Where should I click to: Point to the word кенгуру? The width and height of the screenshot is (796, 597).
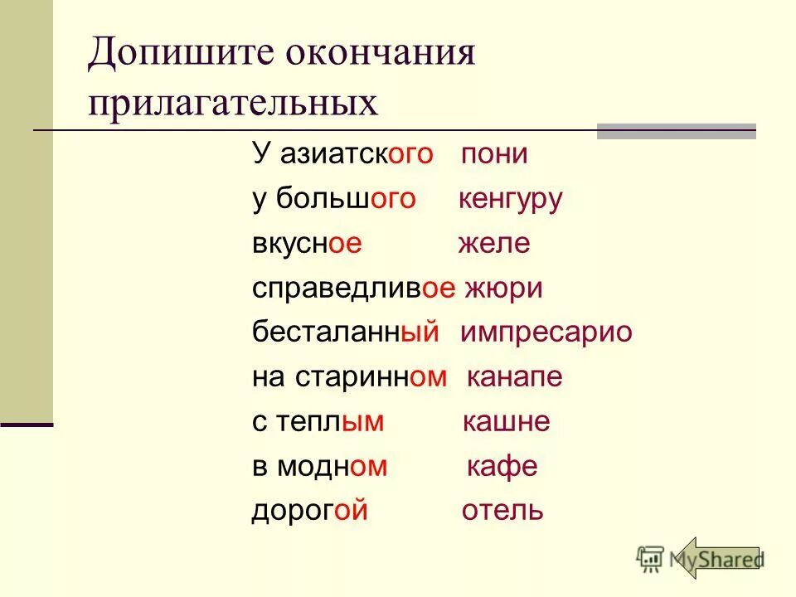pos(510,200)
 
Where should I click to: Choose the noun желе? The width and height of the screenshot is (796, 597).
pos(493,245)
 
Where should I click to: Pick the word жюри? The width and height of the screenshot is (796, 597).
pos(503,289)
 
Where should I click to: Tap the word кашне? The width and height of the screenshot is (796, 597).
pos(505,422)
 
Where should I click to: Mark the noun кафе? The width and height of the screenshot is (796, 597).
pos(502,467)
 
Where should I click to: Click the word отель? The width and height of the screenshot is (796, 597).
pos(502,511)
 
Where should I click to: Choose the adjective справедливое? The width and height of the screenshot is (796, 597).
pos(354,289)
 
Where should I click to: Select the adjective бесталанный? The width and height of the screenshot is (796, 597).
pos(345,333)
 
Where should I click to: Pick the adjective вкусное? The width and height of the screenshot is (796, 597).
pos(308,245)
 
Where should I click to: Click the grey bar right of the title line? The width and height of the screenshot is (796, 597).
pos(677,132)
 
